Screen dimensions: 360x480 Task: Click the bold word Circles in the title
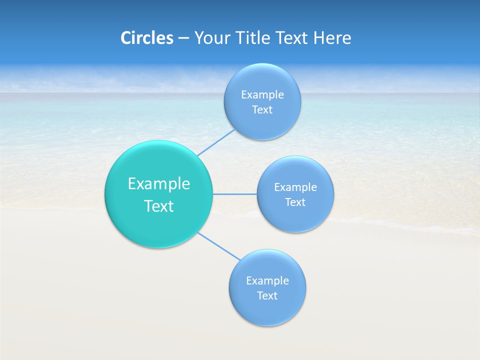coord(146,38)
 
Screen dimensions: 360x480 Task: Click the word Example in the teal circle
coord(159,184)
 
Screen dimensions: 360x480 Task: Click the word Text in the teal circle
coord(159,206)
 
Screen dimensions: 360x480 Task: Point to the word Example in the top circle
coord(262,95)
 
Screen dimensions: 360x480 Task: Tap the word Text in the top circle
coord(262,110)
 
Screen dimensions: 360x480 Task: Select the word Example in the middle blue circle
coord(295,187)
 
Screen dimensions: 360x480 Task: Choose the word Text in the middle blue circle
coord(295,202)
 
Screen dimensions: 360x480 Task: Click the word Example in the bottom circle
coord(267,281)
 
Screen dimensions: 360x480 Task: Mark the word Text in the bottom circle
coord(267,296)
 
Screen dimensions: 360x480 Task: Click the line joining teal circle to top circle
coord(216,142)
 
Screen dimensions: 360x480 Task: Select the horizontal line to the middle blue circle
coord(235,194)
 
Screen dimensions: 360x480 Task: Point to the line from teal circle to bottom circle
coord(218,246)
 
